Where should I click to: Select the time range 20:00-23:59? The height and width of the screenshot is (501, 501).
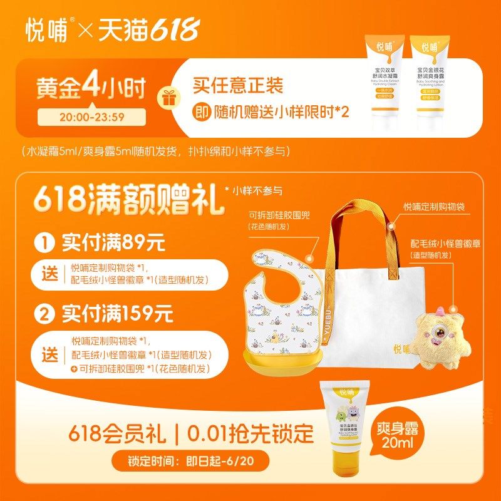pyautogui.click(x=91, y=116)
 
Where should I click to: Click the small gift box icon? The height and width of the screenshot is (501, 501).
pyautogui.click(x=167, y=98)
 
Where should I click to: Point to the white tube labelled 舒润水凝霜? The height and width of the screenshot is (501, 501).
pyautogui.click(x=381, y=78)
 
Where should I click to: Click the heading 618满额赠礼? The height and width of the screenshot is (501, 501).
pyautogui.click(x=125, y=198)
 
